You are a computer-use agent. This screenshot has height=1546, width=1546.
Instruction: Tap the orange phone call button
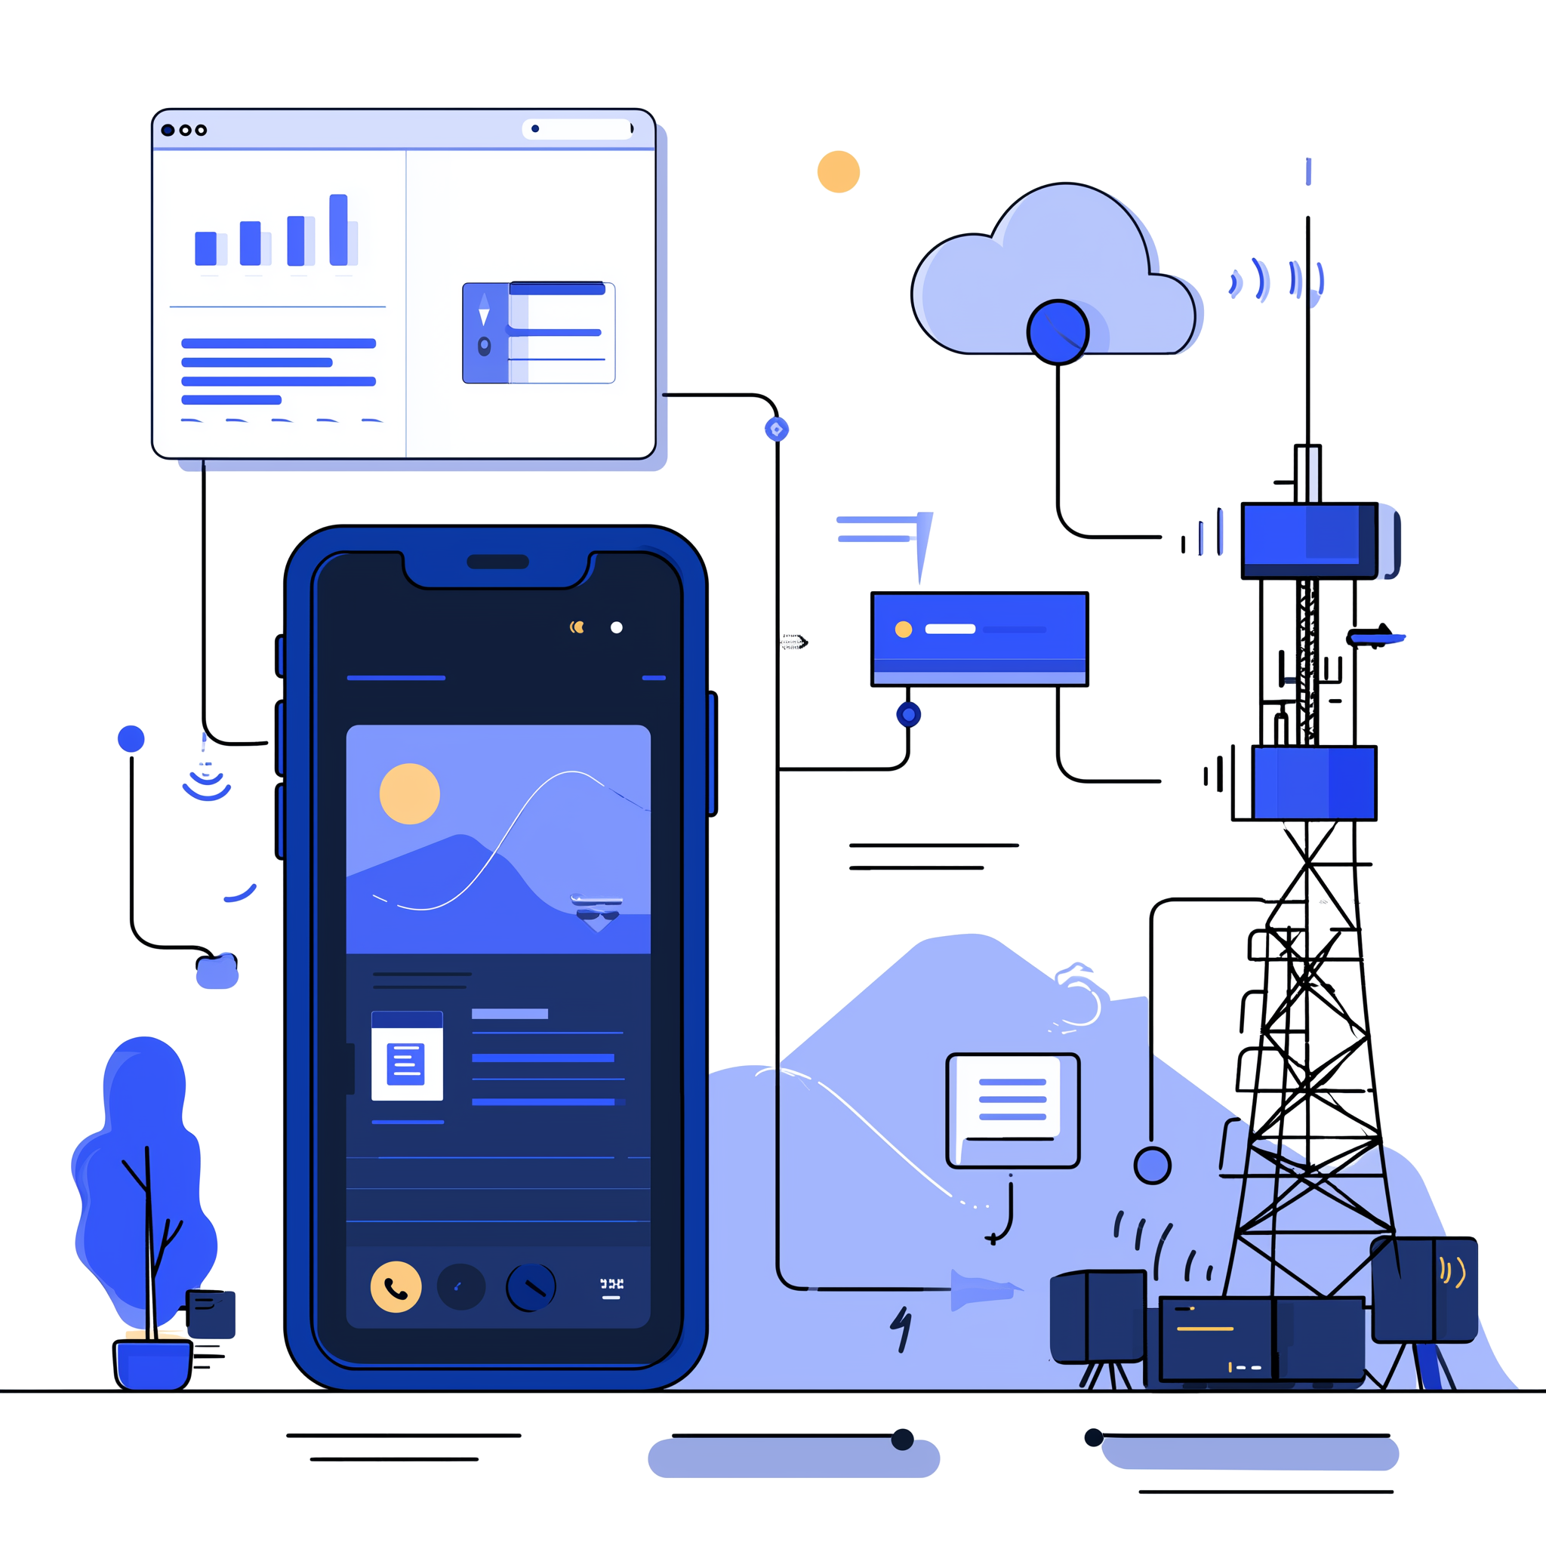(x=396, y=1287)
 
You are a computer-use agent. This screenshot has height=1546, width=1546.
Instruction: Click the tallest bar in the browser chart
(x=338, y=229)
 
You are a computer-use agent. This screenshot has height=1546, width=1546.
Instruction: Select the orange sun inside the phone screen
(x=409, y=793)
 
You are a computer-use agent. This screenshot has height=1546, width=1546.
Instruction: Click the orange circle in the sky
(x=838, y=171)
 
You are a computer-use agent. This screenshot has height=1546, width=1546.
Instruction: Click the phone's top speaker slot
(x=497, y=562)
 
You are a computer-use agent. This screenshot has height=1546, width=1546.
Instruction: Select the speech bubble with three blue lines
(x=1012, y=1109)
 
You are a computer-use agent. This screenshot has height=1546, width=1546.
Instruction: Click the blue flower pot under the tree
(x=152, y=1363)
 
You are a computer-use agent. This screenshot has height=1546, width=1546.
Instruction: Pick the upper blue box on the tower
(x=1309, y=540)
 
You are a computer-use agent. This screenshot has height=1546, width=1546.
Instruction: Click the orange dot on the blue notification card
(x=904, y=629)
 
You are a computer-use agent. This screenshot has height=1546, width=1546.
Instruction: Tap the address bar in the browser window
(x=577, y=129)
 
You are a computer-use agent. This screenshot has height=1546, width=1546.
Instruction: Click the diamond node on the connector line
(x=776, y=430)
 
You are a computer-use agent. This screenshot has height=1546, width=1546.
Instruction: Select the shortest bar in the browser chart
(x=205, y=248)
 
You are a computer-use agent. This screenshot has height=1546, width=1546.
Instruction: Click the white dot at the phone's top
(x=616, y=627)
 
